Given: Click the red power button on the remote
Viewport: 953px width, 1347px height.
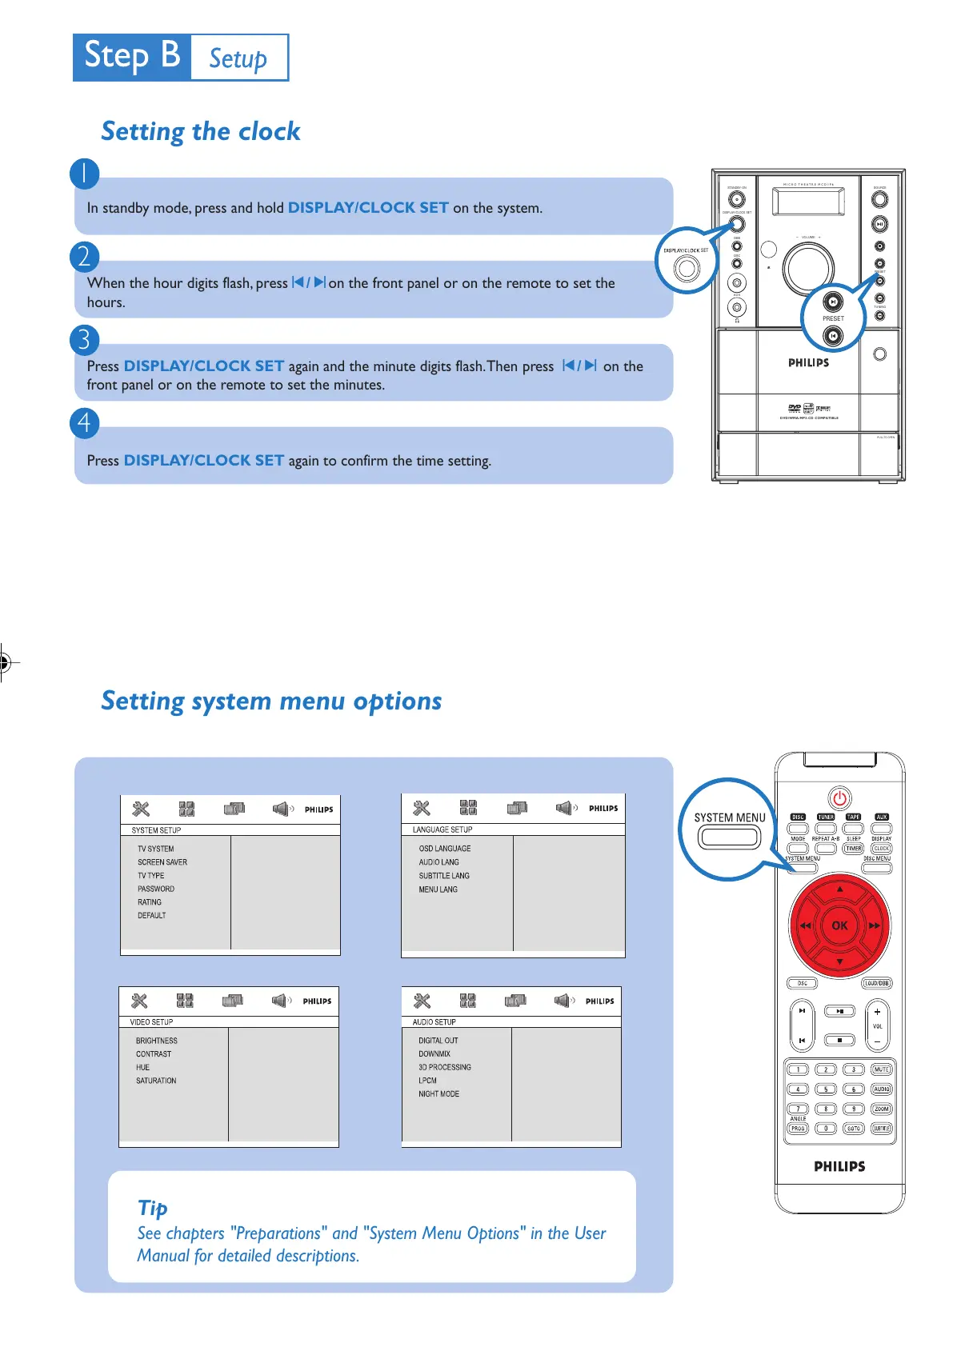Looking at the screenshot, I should (839, 798).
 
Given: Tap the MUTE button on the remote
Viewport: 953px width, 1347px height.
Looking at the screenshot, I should (881, 1069).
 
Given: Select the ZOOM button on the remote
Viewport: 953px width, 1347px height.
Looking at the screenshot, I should (881, 1109).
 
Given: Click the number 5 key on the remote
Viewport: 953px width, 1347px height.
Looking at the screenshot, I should (826, 1089).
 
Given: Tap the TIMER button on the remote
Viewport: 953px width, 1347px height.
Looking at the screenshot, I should (854, 849).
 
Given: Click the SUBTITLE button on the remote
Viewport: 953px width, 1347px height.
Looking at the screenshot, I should (881, 1129).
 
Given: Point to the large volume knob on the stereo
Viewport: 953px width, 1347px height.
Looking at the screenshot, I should (808, 267).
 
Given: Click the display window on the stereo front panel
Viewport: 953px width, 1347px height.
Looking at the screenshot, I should (808, 201).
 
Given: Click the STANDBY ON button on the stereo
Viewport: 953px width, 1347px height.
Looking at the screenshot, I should (736, 198).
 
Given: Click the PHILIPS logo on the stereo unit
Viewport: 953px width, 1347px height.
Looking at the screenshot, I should (808, 363).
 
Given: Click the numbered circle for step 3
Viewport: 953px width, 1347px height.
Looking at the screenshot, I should (85, 340).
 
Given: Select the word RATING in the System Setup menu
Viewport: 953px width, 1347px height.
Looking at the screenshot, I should (150, 902).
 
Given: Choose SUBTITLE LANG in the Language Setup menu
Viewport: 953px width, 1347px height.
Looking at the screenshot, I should (444, 876).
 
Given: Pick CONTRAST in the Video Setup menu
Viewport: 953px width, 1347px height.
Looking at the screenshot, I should (154, 1054).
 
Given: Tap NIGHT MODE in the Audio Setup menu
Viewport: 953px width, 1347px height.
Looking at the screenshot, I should (438, 1094).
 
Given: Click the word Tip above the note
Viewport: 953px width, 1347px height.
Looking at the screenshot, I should (153, 1208).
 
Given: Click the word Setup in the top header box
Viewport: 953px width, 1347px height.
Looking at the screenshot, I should (238, 58).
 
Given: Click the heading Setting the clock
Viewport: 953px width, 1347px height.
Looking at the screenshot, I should (201, 131).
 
